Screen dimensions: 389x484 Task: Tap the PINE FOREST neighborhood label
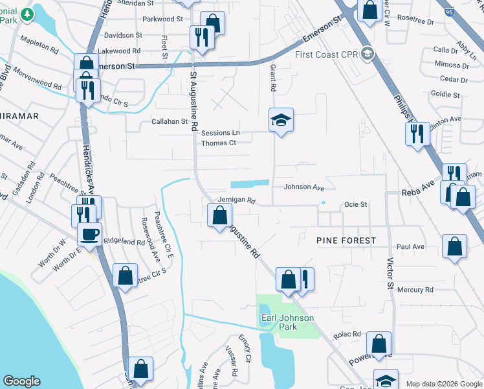coord(346,241)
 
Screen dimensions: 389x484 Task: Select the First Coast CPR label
coord(327,54)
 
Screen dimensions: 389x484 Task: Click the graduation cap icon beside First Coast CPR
coord(368,53)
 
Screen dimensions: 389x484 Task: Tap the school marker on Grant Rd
coord(281,121)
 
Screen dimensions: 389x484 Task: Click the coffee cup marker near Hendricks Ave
coord(90,234)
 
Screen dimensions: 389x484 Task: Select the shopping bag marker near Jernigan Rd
coord(220,214)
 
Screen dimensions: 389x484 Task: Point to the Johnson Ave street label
coord(303,187)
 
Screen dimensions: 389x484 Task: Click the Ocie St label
coord(355,204)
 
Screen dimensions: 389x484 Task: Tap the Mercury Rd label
coord(415,290)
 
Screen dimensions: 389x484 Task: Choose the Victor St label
coord(390,276)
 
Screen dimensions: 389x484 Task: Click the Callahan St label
coord(169,121)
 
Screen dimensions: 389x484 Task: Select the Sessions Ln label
coord(220,133)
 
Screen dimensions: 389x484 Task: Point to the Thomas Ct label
coord(218,143)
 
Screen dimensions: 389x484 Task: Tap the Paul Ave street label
coord(410,247)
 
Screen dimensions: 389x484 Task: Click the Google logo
coord(22,381)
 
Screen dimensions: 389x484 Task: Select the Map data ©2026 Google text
coord(444,384)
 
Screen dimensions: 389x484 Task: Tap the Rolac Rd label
coord(347,334)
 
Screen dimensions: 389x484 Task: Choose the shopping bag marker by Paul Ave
coord(455,246)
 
